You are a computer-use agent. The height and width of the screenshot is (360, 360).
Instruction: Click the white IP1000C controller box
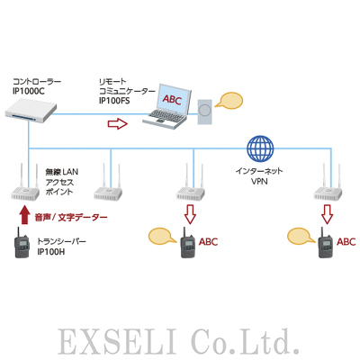[31, 110]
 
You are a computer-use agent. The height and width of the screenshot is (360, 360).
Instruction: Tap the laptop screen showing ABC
[171, 96]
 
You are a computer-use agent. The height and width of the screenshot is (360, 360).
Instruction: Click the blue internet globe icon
[259, 148]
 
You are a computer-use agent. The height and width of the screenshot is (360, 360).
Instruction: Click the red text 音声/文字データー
[71, 217]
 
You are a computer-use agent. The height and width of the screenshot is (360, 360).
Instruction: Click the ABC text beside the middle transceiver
[208, 241]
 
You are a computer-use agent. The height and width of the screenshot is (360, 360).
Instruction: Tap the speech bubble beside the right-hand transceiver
[300, 237]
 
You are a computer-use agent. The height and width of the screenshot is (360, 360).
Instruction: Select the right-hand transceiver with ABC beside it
[324, 246]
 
